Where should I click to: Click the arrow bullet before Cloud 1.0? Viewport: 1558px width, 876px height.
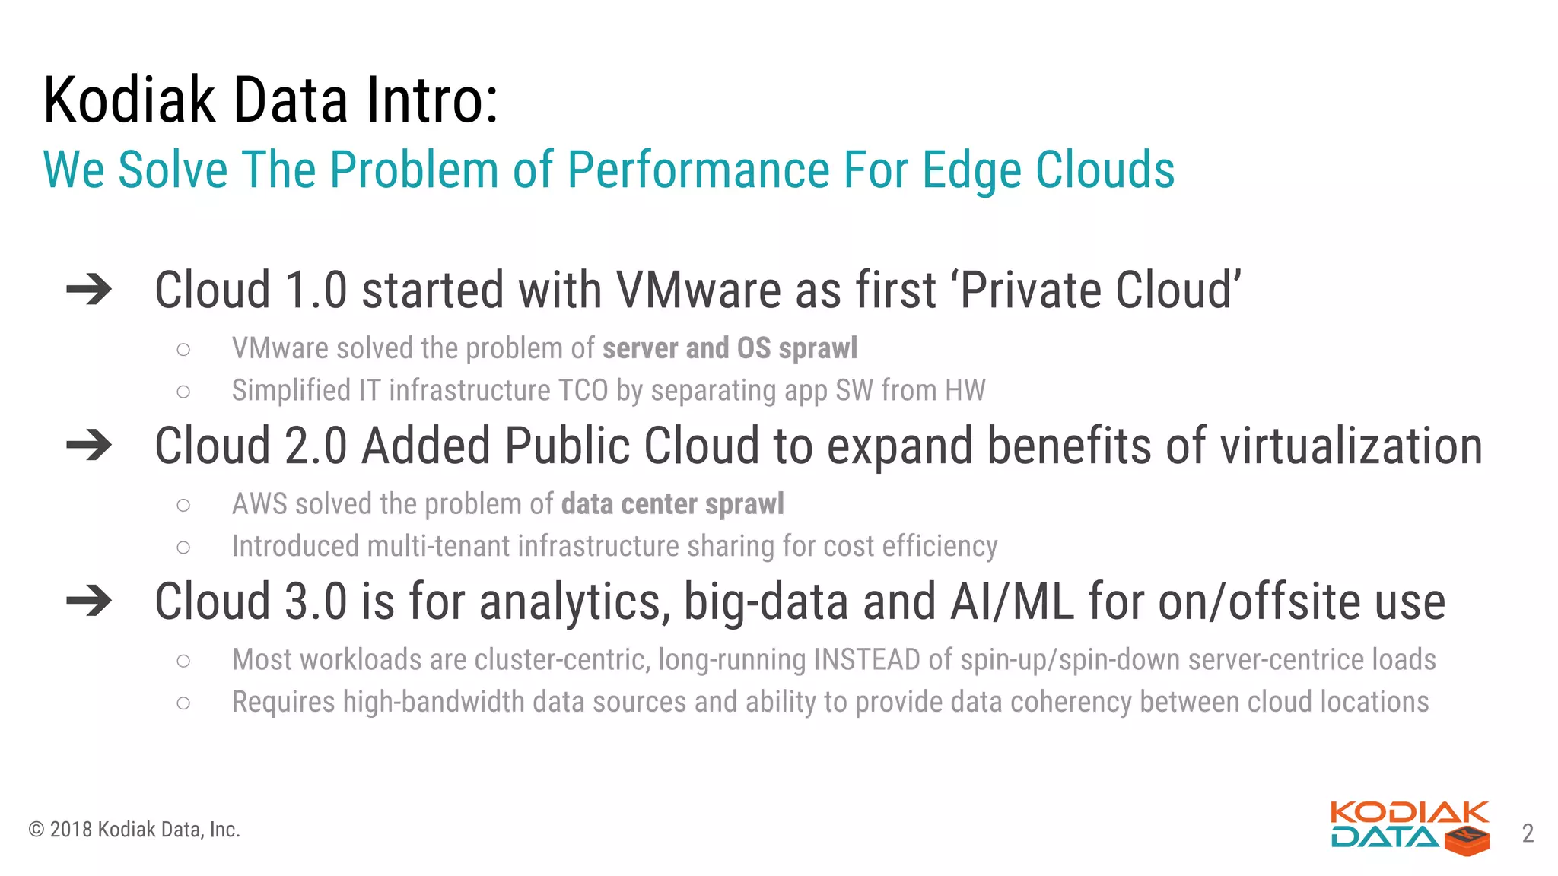pyautogui.click(x=89, y=290)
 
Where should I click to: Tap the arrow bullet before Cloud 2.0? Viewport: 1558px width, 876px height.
pyautogui.click(x=89, y=446)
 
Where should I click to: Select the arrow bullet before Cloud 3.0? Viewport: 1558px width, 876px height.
pyautogui.click(x=89, y=601)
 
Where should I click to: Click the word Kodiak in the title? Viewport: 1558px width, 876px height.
pyautogui.click(x=129, y=100)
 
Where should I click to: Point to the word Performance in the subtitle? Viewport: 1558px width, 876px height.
pyautogui.click(x=698, y=170)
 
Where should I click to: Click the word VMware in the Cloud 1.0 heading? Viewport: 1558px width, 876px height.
pyautogui.click(x=698, y=290)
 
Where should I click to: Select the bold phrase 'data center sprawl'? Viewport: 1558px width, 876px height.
pyautogui.click(x=672, y=504)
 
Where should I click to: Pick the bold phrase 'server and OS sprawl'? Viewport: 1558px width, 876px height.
pyautogui.click(x=730, y=348)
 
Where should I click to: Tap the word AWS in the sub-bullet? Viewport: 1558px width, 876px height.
pyautogui.click(x=259, y=504)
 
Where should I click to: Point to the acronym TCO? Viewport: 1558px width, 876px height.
pyautogui.click(x=583, y=391)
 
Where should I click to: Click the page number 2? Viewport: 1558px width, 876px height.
pyautogui.click(x=1528, y=833)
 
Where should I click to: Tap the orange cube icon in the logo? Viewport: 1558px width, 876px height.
pyautogui.click(x=1467, y=841)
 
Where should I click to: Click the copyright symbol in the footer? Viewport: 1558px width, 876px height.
pyautogui.click(x=36, y=830)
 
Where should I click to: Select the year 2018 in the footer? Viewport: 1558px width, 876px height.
pyautogui.click(x=71, y=830)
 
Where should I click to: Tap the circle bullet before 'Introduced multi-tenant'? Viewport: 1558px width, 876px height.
pyautogui.click(x=183, y=547)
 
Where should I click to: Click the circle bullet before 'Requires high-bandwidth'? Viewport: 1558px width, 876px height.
pyautogui.click(x=183, y=703)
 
